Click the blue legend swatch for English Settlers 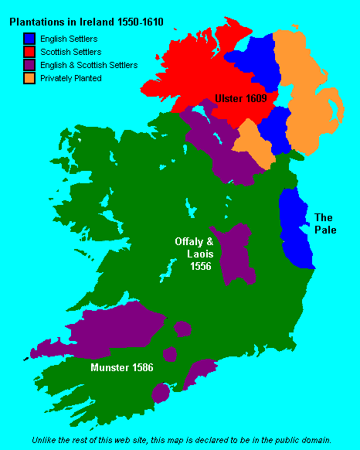pos(30,39)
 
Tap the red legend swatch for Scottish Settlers pos(30,52)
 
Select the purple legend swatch pos(30,65)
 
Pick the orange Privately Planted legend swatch pos(30,78)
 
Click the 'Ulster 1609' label pos(243,100)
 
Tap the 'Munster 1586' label pos(122,367)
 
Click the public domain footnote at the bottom pos(181,438)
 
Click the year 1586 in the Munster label pos(141,367)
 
